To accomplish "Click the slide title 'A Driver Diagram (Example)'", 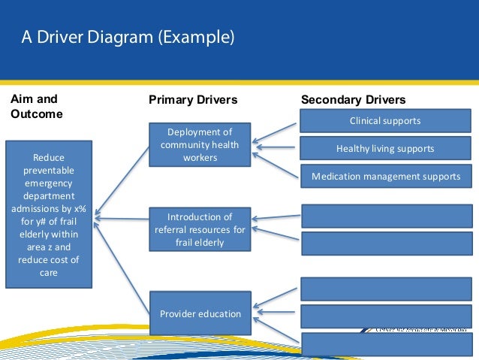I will (x=127, y=37).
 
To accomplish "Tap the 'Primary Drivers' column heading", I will (x=193, y=100).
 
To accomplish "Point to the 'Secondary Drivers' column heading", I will (x=353, y=100).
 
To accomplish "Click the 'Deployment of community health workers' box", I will (x=200, y=145).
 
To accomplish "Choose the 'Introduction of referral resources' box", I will (x=200, y=229).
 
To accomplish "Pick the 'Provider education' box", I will (x=200, y=313).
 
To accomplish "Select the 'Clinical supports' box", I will (x=385, y=120).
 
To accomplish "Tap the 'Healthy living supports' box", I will (x=385, y=148).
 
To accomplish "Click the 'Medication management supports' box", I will (x=385, y=177).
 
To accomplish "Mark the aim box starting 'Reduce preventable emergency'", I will (x=49, y=214).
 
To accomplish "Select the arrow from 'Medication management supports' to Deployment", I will (x=276, y=163).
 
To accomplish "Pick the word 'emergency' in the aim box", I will (x=49, y=182).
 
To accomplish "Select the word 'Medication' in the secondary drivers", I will (x=339, y=177).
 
